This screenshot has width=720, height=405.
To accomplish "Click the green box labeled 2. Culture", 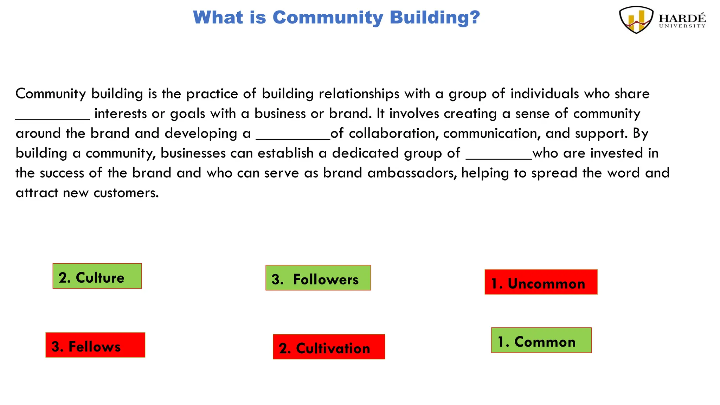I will point(97,276).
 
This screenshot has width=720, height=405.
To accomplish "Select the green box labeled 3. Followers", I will point(318,278).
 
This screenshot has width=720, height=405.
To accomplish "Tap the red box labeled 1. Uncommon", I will point(541,282).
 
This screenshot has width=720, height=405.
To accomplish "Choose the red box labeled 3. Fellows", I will point(95,345).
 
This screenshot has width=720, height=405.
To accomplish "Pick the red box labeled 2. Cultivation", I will point(329,347).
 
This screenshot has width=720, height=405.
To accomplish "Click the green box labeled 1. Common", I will point(541,340).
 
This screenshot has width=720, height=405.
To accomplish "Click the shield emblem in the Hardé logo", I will point(636,20).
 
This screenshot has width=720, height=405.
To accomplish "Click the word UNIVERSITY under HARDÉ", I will point(682,26).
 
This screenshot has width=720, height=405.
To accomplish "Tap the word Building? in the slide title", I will point(435,18).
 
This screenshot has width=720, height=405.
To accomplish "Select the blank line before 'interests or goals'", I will point(53,118).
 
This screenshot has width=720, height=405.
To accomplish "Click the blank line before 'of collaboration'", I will point(293,138).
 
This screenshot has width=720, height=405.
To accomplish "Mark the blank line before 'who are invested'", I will point(499,157).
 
